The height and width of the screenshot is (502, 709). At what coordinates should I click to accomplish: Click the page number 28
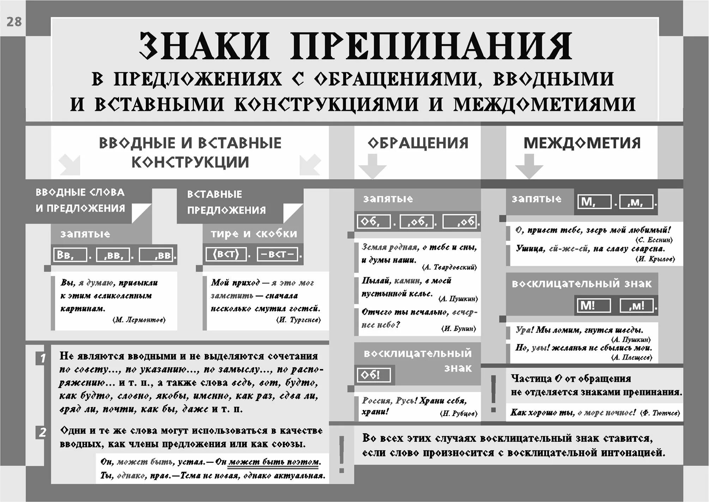tap(14, 22)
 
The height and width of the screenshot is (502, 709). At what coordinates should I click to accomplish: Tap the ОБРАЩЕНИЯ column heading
tap(418, 143)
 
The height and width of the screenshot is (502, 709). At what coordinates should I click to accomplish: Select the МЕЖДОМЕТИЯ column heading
tap(582, 143)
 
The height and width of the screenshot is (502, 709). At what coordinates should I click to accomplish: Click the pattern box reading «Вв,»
tap(69, 255)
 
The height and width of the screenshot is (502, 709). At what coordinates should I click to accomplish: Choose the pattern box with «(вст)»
tap(226, 254)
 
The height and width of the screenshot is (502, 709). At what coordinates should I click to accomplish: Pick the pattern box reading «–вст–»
tap(277, 254)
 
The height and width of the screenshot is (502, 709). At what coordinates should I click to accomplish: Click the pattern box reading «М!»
tap(594, 305)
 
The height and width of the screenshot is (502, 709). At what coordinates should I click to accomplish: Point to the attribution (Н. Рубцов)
tap(459, 413)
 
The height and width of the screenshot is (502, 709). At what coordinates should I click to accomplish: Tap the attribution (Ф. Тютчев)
tap(660, 413)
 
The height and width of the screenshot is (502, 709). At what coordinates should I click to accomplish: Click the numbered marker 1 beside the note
tap(42, 358)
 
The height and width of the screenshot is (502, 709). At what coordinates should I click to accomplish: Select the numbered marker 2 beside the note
tap(42, 432)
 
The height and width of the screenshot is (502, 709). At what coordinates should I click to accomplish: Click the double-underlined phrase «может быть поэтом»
tap(274, 462)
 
